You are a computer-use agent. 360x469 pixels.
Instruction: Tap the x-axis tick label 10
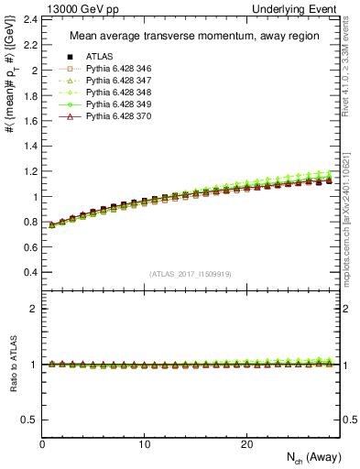(144, 443)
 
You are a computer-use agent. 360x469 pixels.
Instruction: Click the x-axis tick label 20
(246, 443)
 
